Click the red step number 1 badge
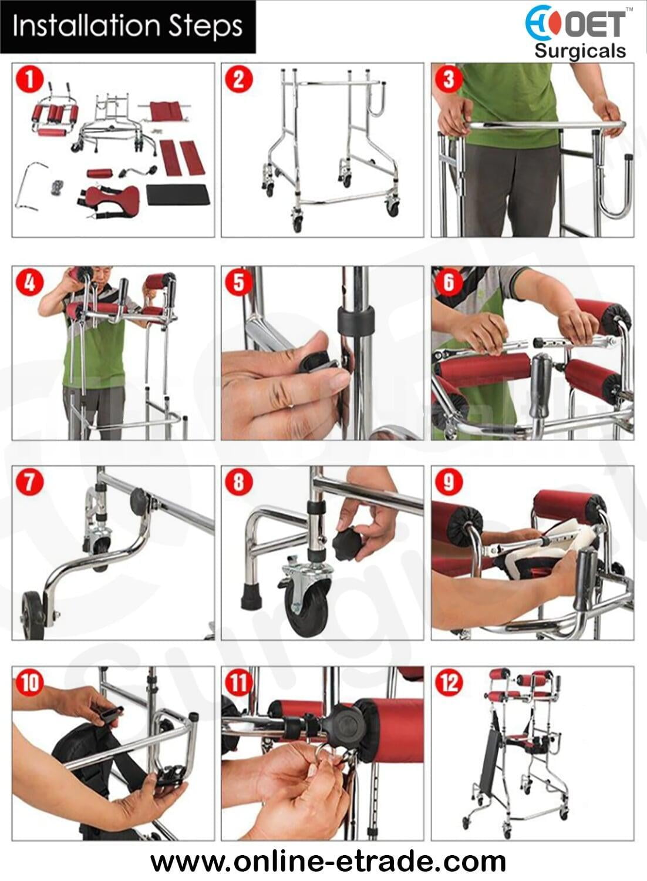[x=29, y=79]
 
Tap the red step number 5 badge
[x=239, y=283]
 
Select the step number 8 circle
[x=239, y=482]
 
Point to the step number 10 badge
[x=30, y=682]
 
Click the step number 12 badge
[x=449, y=682]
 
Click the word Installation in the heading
[x=88, y=26]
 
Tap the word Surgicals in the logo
[x=580, y=52]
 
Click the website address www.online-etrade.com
[x=328, y=861]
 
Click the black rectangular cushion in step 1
[x=178, y=194]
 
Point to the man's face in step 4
[x=103, y=277]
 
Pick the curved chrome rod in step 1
[x=29, y=185]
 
